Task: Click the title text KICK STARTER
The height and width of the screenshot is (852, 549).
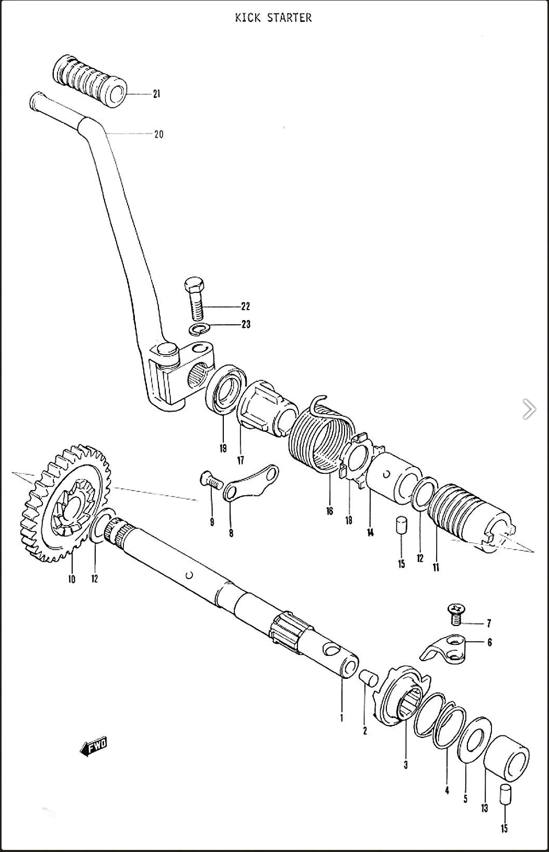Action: click(273, 17)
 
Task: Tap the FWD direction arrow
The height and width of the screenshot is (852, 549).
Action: click(94, 747)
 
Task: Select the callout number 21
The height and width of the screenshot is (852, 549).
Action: click(156, 94)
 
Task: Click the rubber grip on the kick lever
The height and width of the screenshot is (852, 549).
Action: click(89, 81)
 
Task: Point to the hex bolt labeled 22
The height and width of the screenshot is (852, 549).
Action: click(195, 299)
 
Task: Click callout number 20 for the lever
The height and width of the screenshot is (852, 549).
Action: click(158, 134)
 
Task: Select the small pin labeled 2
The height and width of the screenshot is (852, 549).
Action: click(369, 678)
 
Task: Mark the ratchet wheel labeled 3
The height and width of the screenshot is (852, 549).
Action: click(403, 698)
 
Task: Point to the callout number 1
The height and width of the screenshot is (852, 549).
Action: click(341, 718)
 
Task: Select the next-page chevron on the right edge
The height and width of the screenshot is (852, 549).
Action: click(529, 408)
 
